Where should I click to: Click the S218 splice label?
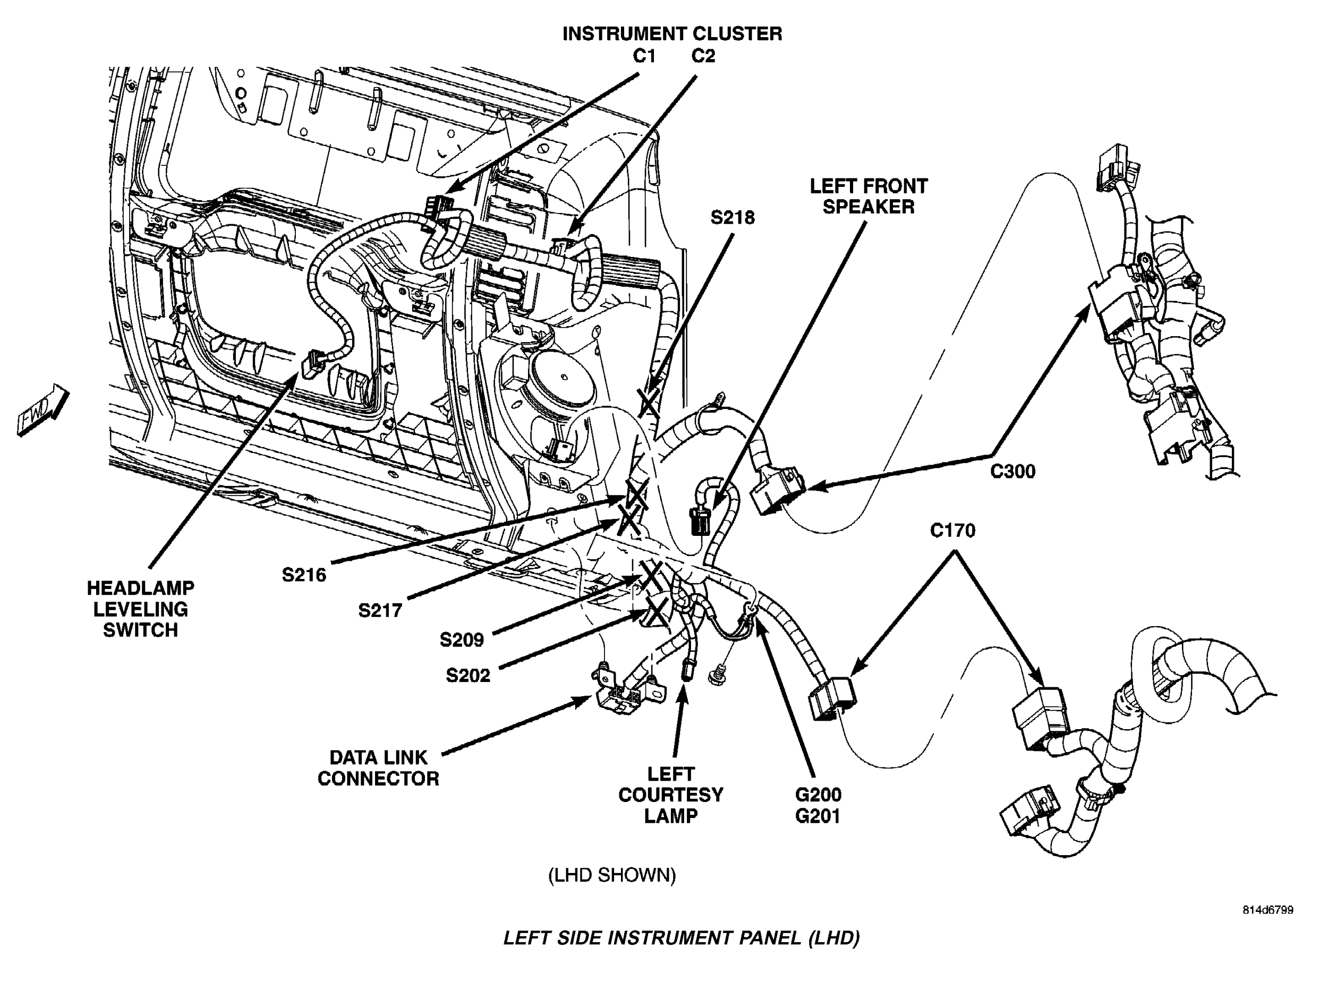(x=733, y=218)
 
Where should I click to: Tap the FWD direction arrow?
(x=43, y=411)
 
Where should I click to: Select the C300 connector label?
(x=1012, y=472)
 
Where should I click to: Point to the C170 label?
(x=952, y=530)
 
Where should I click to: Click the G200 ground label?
(x=818, y=795)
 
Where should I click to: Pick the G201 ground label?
(x=818, y=816)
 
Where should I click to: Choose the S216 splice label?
(x=304, y=575)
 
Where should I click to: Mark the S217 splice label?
(x=380, y=610)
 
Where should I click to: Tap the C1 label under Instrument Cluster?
(x=644, y=56)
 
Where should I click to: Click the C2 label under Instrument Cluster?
(x=703, y=56)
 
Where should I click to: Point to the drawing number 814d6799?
(x=1267, y=910)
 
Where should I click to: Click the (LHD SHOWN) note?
(x=612, y=875)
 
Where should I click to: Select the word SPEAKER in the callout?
(x=869, y=207)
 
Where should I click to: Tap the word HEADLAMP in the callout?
(x=140, y=588)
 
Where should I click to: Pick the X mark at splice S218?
(x=649, y=404)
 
